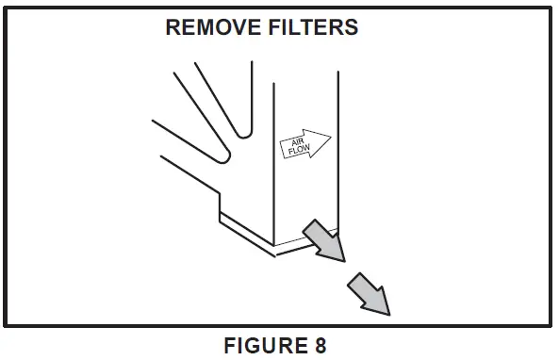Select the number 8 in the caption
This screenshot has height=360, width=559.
click(x=321, y=345)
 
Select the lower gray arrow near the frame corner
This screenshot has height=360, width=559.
click(x=370, y=293)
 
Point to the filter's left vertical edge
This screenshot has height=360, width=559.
click(x=273, y=160)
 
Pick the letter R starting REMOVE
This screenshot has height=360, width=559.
click(x=173, y=27)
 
